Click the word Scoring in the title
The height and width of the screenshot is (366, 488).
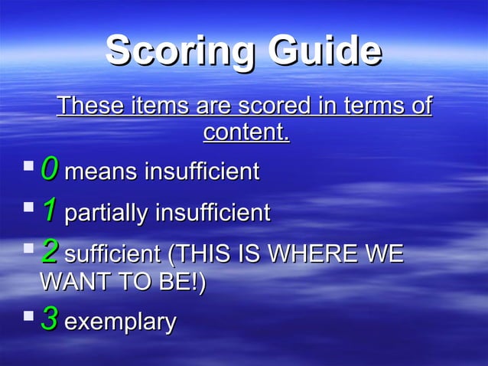[x=179, y=52]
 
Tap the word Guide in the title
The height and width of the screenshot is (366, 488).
[x=325, y=52]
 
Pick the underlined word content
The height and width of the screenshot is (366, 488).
[x=246, y=132]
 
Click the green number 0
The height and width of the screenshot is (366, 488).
[x=49, y=168]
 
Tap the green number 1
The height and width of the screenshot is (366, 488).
[x=49, y=209]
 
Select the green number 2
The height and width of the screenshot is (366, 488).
[x=49, y=250]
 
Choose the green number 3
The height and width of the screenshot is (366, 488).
[x=49, y=319]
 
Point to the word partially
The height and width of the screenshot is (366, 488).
[x=106, y=213]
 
